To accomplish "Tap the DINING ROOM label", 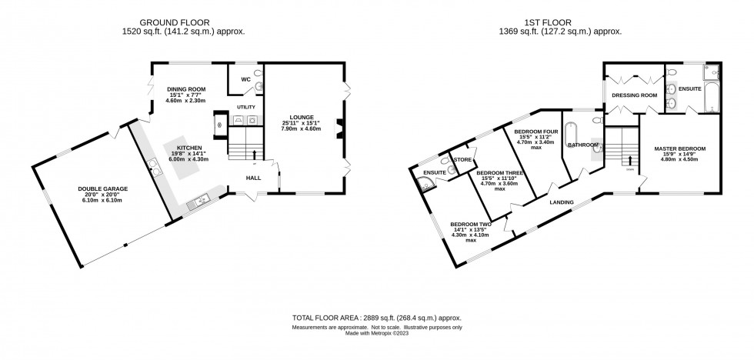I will pos(186,89).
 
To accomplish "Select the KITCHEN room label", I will pos(189,146).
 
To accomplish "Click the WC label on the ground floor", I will pos(245,78).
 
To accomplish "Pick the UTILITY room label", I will pos(246,107).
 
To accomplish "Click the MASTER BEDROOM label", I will pos(679,148).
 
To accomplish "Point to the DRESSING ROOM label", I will pos(634,95).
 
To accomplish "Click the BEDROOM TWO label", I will pos(471,224).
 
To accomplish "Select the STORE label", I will pos(462,160).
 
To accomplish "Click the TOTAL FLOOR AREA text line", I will pos(376,318).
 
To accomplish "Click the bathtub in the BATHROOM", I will pos(572,135).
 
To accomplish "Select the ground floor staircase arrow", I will pos(255,155).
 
